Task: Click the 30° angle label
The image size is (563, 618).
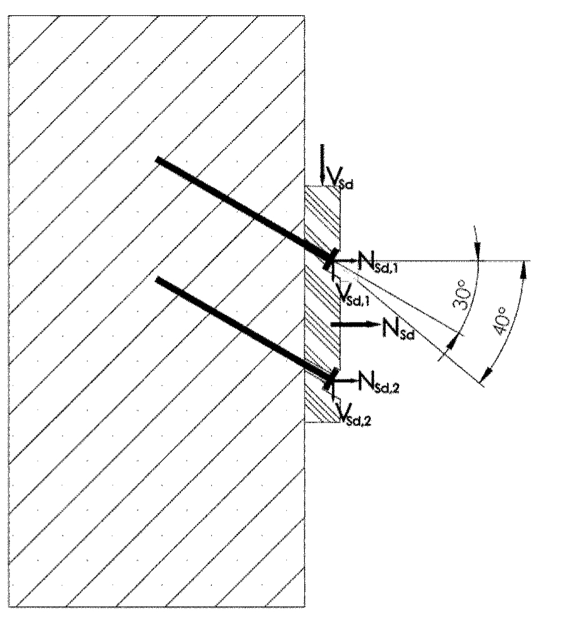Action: click(461, 295)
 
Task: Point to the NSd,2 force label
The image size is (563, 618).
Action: click(379, 382)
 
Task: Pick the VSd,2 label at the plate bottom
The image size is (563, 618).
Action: click(354, 414)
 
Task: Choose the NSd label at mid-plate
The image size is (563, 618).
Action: click(398, 328)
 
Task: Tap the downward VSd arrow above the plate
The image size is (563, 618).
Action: click(323, 165)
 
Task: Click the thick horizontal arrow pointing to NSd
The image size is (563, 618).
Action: click(355, 324)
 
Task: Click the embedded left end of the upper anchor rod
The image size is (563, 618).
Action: click(158, 160)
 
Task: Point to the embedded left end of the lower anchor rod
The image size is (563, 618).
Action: click(158, 280)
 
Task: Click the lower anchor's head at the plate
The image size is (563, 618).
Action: click(331, 379)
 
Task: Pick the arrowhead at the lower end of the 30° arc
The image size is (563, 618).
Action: click(452, 340)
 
